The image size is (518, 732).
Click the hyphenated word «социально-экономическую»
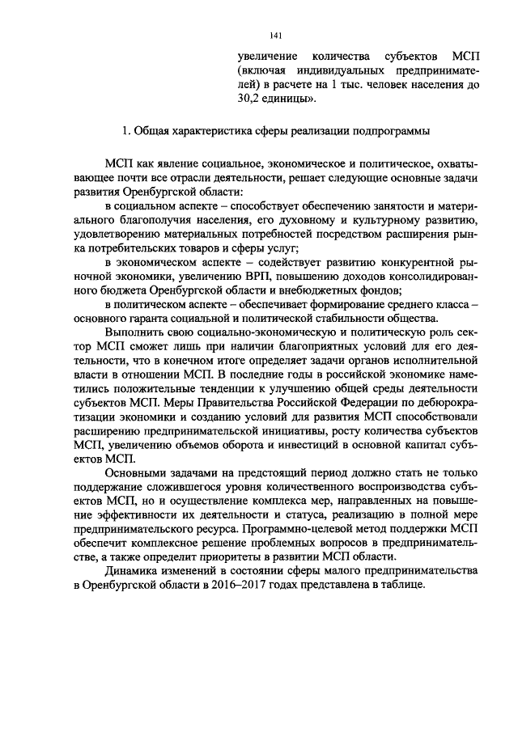tap(248, 336)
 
